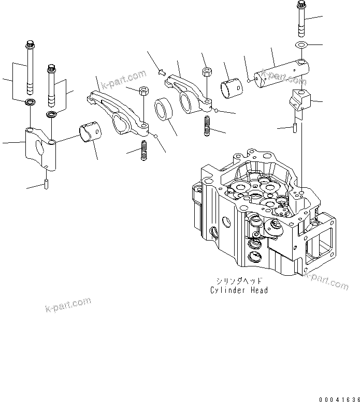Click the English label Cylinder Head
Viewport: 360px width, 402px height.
click(239, 290)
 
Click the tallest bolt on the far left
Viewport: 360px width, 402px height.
click(29, 67)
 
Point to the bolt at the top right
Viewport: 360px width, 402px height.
click(301, 19)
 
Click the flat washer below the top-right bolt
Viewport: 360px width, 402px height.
click(300, 46)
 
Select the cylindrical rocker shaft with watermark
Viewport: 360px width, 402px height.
click(283, 72)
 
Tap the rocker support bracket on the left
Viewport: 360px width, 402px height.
click(40, 150)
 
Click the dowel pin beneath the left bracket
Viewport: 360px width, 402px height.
click(46, 184)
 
